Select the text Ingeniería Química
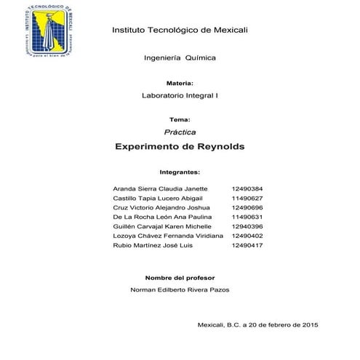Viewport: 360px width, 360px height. pos(180,57)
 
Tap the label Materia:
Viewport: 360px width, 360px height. pos(179,84)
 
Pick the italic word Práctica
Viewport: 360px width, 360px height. pos(180,132)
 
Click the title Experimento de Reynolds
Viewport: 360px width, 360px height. pos(180,147)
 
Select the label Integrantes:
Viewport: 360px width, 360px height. pos(180,174)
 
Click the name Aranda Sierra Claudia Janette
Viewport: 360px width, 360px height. pos(156,188)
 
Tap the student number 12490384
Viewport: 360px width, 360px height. pos(247,188)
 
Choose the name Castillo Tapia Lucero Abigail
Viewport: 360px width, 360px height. pos(153,198)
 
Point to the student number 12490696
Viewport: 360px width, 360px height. pos(247,207)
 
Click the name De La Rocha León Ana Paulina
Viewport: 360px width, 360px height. pos(155,217)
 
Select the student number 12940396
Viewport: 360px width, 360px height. pos(247,226)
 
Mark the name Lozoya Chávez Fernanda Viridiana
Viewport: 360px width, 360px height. pos(162,236)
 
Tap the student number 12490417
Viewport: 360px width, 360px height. pos(247,245)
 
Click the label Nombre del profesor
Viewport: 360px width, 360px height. pos(180,278)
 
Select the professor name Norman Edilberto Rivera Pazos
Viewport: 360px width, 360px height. pos(180,289)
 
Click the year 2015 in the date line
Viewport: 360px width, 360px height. pos(310,324)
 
